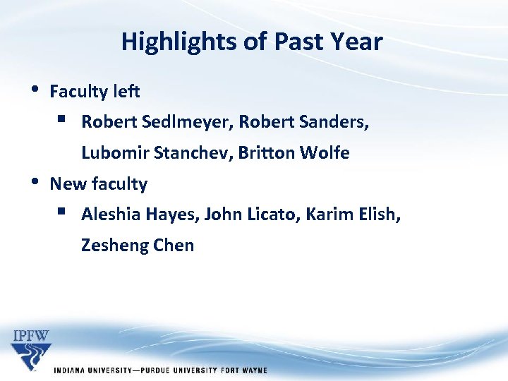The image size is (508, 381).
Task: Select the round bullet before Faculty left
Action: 35,90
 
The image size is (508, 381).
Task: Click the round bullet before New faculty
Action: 35,182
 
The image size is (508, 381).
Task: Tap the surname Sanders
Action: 336,122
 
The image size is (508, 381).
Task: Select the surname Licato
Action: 272,214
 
